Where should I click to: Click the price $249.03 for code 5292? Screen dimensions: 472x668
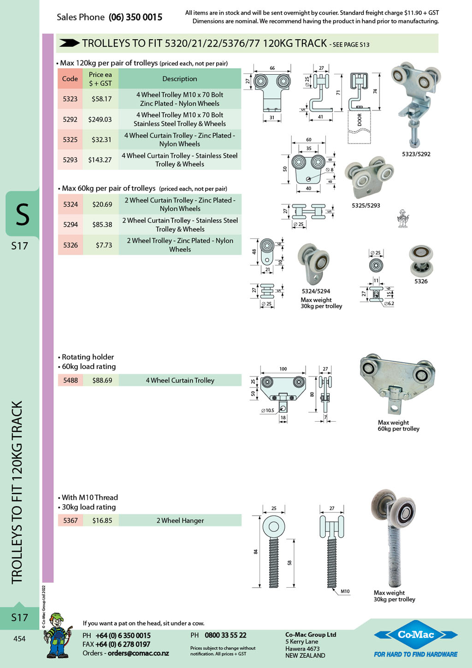pos(100,119)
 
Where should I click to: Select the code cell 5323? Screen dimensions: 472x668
pos(70,99)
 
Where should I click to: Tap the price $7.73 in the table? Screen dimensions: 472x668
pos(104,245)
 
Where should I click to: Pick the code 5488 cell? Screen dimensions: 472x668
pos(71,380)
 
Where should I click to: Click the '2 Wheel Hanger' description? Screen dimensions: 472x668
pos(180,520)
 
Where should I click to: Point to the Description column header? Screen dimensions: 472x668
pos(180,79)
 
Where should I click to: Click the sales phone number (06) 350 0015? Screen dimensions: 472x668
pos(135,17)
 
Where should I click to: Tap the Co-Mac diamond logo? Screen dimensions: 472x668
pos(416,634)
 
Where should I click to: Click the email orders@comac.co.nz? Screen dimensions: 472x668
pos(138,653)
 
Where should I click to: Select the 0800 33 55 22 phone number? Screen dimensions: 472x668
pos(225,635)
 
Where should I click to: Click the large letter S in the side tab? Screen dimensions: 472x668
pos(22,214)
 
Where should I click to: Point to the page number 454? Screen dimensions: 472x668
pos(19,638)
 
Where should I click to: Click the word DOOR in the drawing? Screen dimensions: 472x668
pos(360,119)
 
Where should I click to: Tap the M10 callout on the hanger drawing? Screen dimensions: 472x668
pos(345,591)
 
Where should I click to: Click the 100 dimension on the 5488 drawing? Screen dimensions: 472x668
pos(283,369)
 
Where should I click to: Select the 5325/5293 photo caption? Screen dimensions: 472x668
pos(366,205)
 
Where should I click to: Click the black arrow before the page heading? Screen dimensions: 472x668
pos(69,43)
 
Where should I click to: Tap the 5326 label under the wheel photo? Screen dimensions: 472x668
pos(421,281)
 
